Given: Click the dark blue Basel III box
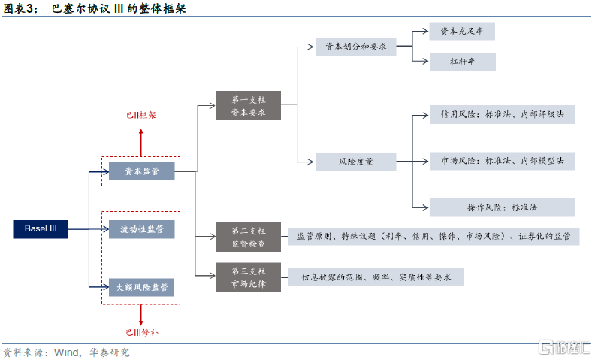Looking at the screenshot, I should coord(41,228).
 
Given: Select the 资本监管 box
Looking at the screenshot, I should coord(141,171).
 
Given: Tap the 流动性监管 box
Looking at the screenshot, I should coord(141,228).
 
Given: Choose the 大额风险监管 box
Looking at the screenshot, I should coord(141,286).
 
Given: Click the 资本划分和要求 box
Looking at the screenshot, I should coord(356,47).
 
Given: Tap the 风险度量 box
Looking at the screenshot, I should coord(356,161).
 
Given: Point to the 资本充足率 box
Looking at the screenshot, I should coord(462,32).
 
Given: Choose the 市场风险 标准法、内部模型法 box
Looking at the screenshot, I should coord(502,161).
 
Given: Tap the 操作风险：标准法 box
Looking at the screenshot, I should coord(502,207).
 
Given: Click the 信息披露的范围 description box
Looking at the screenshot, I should coord(376,277).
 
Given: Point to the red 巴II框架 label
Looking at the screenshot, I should coord(140,116).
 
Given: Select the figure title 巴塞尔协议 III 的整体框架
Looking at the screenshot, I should coord(120,9).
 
